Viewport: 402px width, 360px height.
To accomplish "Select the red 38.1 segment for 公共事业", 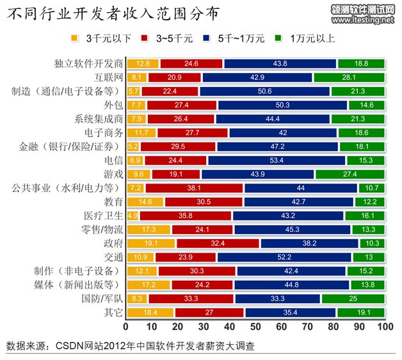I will (194, 188).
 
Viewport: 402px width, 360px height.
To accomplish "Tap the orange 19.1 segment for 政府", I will (151, 244).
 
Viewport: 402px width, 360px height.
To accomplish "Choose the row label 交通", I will (114, 257).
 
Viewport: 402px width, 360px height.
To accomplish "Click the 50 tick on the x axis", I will (255, 327).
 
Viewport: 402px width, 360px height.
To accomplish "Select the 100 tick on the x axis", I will (385, 327).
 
